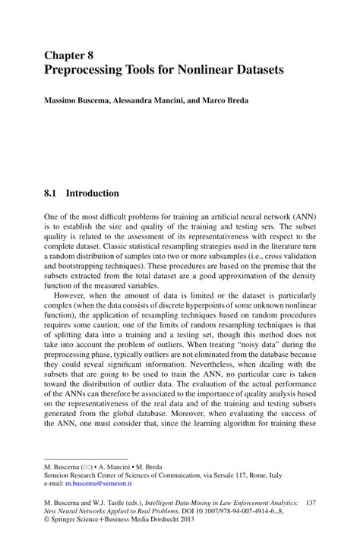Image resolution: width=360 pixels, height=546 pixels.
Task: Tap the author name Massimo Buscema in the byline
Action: tap(76, 101)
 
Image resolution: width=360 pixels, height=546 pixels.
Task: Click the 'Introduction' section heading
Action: tap(93, 194)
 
